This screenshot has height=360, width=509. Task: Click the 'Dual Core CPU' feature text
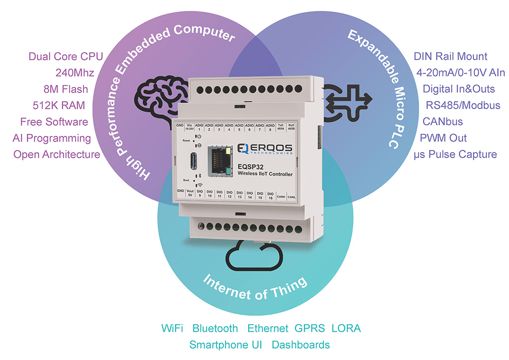point(66,56)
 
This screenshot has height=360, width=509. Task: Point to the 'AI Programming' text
point(52,138)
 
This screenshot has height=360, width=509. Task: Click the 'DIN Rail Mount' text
point(450,56)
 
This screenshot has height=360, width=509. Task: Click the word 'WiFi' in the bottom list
point(172,328)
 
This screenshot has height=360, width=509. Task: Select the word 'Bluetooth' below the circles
point(215,328)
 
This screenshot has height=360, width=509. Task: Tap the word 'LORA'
point(346,328)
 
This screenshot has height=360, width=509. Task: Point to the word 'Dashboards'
point(301,345)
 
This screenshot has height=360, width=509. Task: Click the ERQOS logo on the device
point(264,148)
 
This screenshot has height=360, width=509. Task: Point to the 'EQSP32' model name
point(253,166)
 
